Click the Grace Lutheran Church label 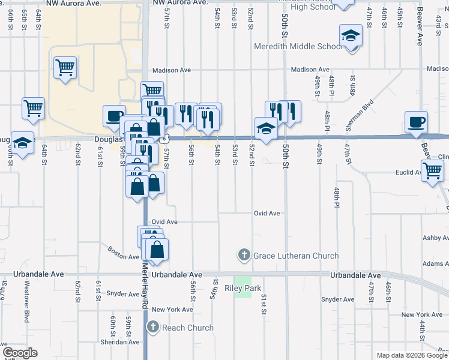click(296, 256)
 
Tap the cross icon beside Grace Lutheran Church click(244, 256)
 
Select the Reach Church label click(187, 328)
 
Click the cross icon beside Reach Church click(152, 328)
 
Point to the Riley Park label click(243, 288)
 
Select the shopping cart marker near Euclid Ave click(433, 172)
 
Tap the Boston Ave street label click(124, 253)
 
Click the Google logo click(20, 353)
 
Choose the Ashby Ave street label click(435, 238)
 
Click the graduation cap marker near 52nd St click(266, 128)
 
